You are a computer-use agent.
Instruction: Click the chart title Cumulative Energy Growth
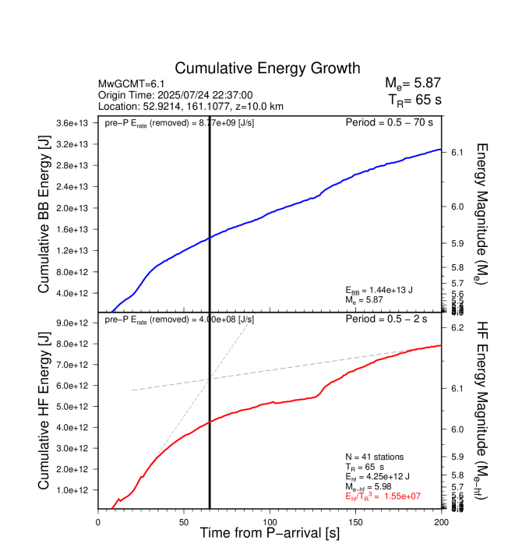pyautogui.click(x=267, y=69)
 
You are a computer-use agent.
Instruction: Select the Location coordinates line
pyautogui.click(x=191, y=105)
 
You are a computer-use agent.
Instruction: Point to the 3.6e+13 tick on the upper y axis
pyautogui.click(x=75, y=123)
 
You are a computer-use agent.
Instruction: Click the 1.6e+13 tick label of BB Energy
pyautogui.click(x=75, y=229)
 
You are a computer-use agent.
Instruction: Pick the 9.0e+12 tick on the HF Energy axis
pyautogui.click(x=75, y=323)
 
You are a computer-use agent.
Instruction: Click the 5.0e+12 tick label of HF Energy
pyautogui.click(x=75, y=407)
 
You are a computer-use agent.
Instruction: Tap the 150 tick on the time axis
pyautogui.click(x=355, y=522)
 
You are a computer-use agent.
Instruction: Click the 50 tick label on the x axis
pyautogui.click(x=184, y=522)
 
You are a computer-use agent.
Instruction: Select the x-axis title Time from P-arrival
pyautogui.click(x=270, y=534)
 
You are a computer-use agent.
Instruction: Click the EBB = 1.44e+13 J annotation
pyautogui.click(x=385, y=289)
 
